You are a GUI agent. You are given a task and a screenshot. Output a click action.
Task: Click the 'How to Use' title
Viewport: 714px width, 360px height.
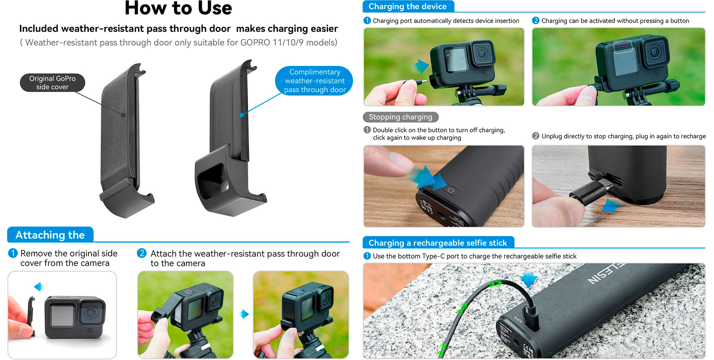tap(178, 8)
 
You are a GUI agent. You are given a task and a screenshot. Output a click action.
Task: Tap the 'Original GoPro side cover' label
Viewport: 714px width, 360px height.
tap(52, 82)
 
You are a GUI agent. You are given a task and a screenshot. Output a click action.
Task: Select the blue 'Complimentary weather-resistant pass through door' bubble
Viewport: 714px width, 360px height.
tap(315, 81)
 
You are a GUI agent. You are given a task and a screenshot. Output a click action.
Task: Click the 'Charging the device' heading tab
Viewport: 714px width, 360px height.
tap(408, 6)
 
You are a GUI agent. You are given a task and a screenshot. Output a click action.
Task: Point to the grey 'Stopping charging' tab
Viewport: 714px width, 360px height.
tap(401, 117)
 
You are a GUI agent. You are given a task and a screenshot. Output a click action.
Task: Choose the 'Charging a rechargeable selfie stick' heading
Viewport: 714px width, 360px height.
tap(438, 243)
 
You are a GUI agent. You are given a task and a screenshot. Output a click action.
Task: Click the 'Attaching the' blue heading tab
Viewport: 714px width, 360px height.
tap(50, 235)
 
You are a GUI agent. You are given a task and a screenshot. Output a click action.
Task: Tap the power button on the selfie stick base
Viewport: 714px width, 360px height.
tap(451, 190)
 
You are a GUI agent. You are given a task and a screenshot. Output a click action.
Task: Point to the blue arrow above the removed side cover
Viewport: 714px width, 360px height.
tap(38, 286)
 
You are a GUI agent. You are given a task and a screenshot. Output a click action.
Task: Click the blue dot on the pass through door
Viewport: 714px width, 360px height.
tap(242, 115)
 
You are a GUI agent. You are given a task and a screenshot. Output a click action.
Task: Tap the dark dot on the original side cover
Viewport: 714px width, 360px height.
tap(124, 115)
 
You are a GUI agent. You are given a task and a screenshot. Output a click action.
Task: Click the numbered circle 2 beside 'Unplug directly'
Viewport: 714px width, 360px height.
tap(535, 136)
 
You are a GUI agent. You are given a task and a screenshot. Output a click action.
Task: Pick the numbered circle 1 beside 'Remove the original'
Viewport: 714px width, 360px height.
tap(13, 253)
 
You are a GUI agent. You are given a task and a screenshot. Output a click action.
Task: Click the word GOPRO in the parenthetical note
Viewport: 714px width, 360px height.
tap(255, 42)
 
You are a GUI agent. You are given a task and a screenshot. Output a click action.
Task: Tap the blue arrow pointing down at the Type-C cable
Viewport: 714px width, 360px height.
tap(528, 279)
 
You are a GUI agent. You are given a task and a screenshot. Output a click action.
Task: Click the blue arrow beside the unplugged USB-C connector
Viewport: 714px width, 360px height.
tap(611, 206)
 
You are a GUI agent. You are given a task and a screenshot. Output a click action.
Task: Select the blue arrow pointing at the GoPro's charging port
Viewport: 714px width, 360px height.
tap(421, 66)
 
